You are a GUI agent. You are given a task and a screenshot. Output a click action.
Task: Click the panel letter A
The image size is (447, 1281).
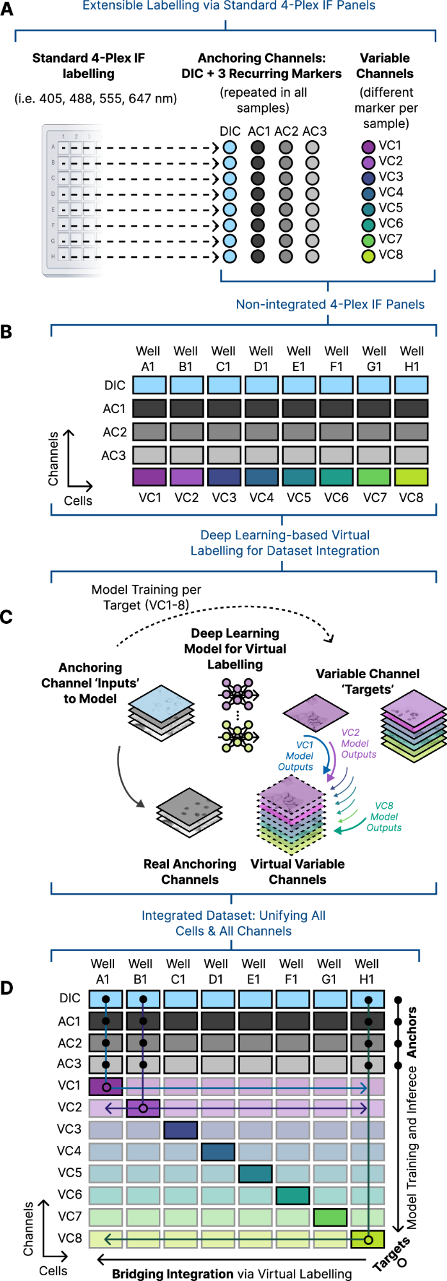(7, 10)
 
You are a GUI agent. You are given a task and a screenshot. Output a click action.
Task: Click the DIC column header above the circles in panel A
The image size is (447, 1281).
(230, 131)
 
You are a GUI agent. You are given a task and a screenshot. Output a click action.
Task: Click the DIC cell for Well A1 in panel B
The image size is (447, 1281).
(149, 385)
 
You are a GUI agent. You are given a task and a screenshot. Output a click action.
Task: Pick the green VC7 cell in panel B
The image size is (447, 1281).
(374, 477)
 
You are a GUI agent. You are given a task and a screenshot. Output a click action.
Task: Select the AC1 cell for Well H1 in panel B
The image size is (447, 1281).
(411, 409)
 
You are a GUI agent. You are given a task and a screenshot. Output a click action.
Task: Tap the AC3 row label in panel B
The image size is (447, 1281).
(113, 455)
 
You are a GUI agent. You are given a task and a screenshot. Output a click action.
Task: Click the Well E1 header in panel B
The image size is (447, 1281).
(298, 359)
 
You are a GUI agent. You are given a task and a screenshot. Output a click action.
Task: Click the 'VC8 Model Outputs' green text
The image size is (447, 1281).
(384, 817)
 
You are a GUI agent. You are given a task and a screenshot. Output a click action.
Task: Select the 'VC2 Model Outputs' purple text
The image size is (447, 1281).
(358, 743)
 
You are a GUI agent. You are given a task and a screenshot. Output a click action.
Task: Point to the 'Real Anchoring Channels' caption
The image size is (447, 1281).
(190, 872)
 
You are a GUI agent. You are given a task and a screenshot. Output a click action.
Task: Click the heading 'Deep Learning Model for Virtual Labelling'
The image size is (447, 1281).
(235, 649)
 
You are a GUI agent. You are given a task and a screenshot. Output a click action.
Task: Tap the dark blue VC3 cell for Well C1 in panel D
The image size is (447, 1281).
(181, 1129)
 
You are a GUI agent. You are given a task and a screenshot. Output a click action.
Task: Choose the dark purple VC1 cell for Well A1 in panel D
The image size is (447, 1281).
(106, 1086)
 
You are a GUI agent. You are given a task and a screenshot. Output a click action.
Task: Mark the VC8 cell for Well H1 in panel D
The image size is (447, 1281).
(368, 1239)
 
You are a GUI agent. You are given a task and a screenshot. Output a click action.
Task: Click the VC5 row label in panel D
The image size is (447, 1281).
(69, 1173)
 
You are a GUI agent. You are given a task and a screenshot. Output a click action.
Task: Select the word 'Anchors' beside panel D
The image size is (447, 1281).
(412, 1032)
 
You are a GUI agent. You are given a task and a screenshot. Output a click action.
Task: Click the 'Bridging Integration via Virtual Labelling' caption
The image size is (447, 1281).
(232, 1274)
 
